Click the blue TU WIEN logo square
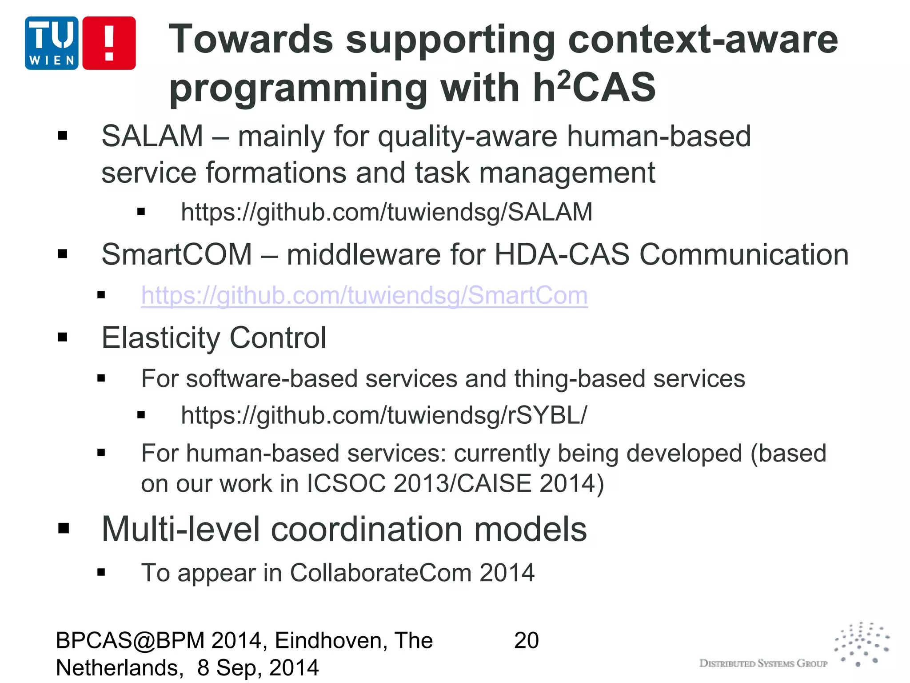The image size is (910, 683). [52, 43]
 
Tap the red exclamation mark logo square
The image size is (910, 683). [109, 43]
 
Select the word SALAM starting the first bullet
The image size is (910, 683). [152, 136]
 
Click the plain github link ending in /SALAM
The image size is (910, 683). [387, 212]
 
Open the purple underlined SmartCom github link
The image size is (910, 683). [364, 295]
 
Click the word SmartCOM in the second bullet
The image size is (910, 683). [177, 254]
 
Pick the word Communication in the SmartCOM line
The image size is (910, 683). [744, 254]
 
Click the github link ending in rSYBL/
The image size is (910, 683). [384, 415]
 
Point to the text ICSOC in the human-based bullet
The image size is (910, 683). [346, 483]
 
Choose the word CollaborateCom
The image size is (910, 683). [380, 573]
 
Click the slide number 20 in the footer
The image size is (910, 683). [526, 641]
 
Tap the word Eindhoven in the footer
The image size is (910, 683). [329, 641]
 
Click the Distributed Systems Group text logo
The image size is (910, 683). [763, 663]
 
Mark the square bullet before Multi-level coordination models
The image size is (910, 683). [64, 528]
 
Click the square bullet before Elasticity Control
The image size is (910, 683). [63, 337]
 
